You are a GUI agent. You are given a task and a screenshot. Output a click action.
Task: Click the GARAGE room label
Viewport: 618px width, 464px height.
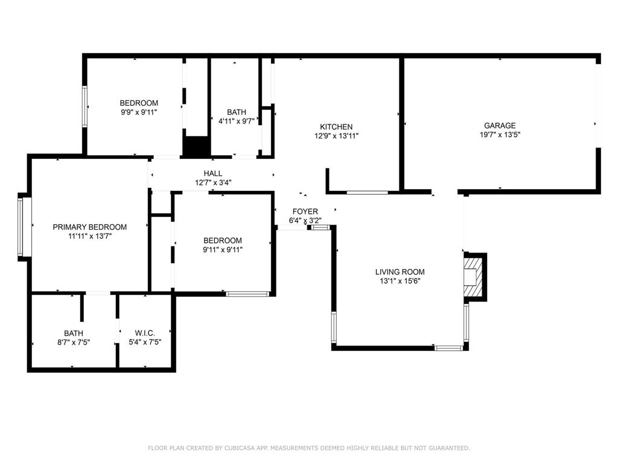500,126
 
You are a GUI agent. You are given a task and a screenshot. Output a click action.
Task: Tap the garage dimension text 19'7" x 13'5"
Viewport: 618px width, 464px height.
500,135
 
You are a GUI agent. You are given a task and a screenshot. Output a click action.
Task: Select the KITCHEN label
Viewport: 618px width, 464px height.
336,127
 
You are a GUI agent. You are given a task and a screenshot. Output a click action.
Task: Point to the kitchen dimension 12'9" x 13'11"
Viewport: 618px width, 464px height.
336,136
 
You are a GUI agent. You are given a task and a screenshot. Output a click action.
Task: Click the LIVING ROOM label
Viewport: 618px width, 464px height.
400,272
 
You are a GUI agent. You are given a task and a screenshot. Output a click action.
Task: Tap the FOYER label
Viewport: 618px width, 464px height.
305,211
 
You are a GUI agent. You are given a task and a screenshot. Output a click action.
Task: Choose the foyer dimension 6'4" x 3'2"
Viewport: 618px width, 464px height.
305,221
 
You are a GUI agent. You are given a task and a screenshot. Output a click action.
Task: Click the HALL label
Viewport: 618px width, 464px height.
213,173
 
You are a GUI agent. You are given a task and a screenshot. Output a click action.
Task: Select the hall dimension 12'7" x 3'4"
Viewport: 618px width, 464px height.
213,182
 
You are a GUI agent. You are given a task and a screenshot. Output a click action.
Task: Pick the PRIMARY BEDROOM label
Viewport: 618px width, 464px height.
90,227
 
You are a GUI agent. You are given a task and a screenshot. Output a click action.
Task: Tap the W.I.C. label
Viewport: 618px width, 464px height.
145,333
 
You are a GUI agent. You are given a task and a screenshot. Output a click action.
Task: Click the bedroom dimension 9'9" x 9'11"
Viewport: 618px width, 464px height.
139,112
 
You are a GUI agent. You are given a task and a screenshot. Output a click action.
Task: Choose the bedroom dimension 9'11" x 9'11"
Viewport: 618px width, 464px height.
223,249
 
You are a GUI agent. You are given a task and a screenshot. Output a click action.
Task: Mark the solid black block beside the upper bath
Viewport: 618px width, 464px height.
196,147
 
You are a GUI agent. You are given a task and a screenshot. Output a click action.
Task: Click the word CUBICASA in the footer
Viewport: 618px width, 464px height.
239,448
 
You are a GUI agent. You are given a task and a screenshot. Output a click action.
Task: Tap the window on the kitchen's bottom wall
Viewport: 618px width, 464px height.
367,193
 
